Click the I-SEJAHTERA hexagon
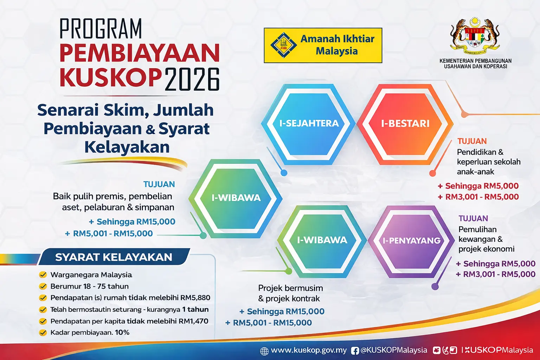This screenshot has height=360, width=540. tap(309, 123)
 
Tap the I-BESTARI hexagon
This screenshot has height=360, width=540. tap(405, 123)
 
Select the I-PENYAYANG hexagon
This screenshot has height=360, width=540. tap(411, 240)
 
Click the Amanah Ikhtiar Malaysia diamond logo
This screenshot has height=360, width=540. tap(283, 45)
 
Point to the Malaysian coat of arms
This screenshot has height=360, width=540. tap(475, 35)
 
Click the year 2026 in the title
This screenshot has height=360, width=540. tap(192, 79)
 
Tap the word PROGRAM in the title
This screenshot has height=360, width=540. tap(101, 29)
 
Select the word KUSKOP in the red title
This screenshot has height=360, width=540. tap(110, 77)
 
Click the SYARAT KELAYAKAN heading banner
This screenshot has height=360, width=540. tap(114, 257)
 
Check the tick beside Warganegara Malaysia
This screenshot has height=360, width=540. tap(43, 275)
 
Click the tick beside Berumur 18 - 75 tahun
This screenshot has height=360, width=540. tap(43, 286)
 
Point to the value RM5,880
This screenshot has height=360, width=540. tap(195, 298)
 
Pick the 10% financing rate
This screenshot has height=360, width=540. tap(122, 332)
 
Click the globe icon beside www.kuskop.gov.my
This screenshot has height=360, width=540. tap(264, 351)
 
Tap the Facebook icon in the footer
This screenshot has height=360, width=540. tap(355, 351)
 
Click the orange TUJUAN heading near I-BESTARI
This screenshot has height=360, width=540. tap(472, 141)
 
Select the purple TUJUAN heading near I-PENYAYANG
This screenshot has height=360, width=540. tap(473, 218)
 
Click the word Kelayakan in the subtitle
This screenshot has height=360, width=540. tap(127, 147)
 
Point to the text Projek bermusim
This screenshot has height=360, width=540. tap(290, 288)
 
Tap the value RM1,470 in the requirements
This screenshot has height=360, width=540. tap(193, 321)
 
